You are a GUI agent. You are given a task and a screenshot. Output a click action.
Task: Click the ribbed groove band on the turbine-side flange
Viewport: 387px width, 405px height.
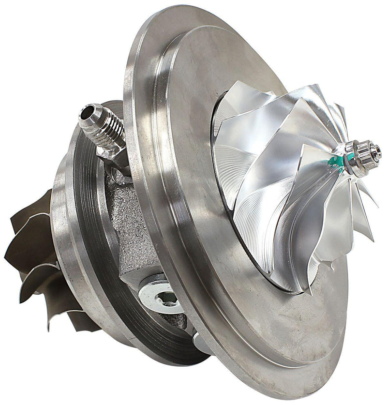[x=89, y=242]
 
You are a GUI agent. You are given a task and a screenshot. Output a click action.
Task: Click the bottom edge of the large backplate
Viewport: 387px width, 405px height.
[x=271, y=387]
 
